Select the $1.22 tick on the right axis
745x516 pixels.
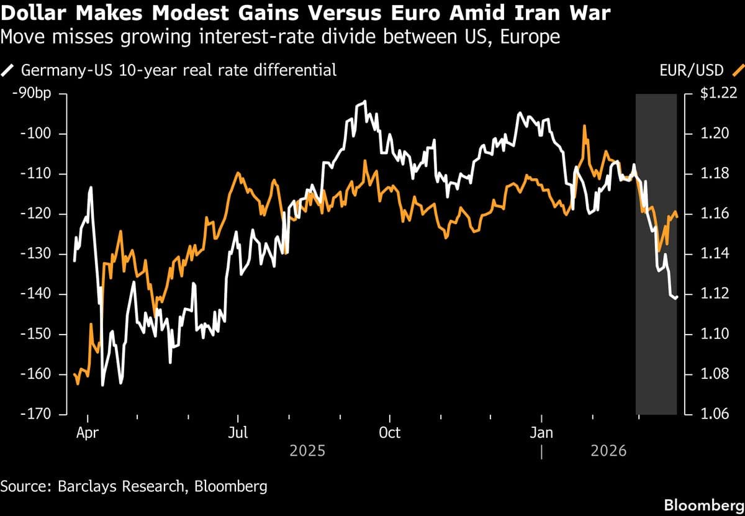tap(718, 94)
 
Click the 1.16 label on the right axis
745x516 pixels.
tap(713, 214)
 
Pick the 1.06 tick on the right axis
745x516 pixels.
tap(713, 414)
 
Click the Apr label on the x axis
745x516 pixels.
tap(88, 432)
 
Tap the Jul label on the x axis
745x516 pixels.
tap(238, 432)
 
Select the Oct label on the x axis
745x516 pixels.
tap(389, 432)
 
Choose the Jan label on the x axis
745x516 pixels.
tap(541, 432)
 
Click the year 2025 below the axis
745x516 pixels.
tap(307, 450)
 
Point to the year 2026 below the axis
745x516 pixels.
tap(608, 450)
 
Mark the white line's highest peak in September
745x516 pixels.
tap(365, 101)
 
